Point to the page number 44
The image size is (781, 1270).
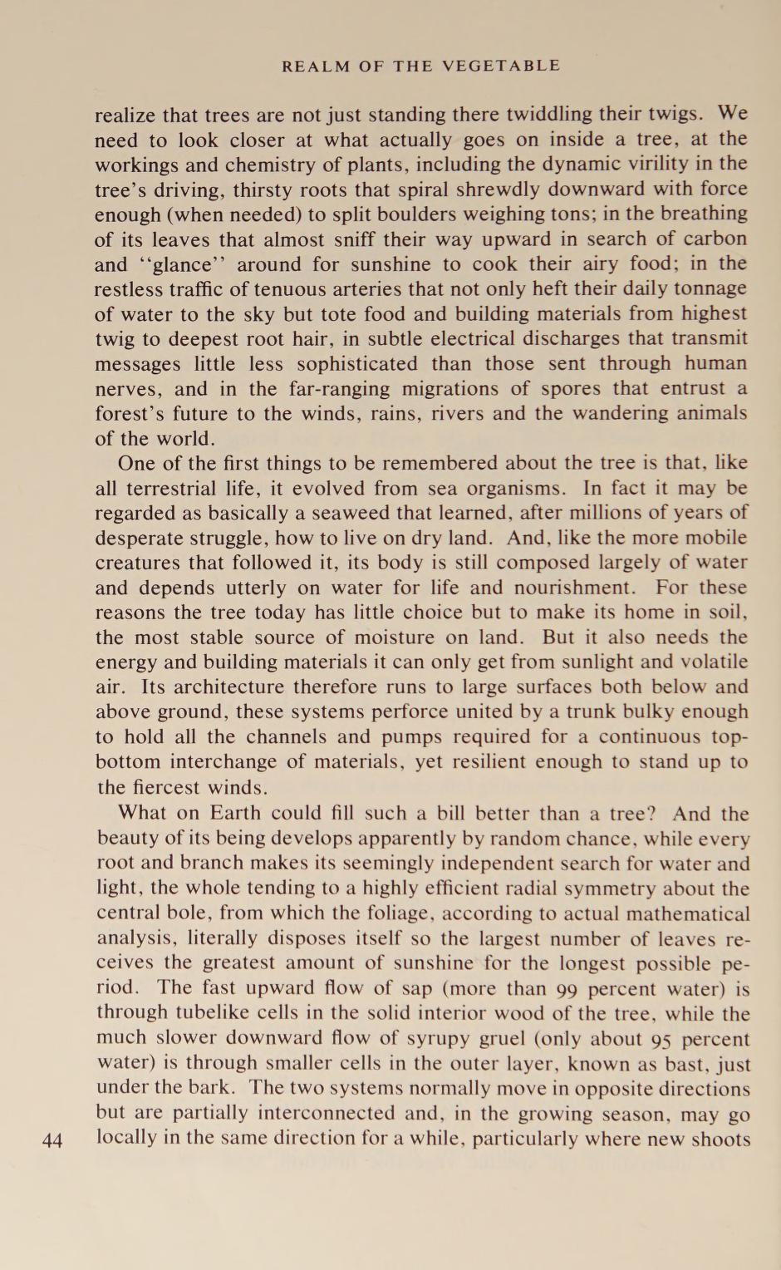(52, 1140)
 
